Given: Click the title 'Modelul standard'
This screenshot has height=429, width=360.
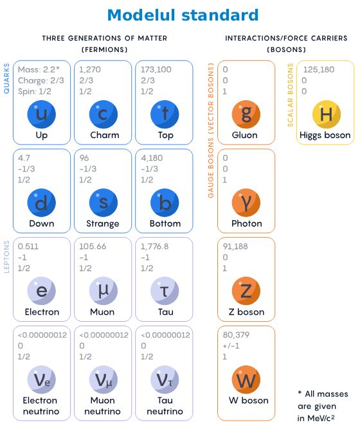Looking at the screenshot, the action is (183, 15).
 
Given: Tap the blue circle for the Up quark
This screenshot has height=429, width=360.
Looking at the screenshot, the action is (41, 114).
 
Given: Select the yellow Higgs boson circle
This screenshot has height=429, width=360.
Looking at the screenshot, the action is (327, 114).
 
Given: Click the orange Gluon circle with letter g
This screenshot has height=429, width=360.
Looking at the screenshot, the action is (246, 114).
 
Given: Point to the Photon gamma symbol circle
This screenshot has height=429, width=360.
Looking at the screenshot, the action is (246, 203).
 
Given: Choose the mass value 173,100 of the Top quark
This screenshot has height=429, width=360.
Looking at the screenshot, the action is (156, 69).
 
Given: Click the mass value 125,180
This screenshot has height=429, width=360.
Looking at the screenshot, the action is (319, 69).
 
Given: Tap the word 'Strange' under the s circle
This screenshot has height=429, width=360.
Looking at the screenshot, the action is (103, 223).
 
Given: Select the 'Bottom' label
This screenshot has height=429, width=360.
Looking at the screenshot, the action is (165, 223).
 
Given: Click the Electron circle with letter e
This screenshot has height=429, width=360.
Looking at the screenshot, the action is (41, 291).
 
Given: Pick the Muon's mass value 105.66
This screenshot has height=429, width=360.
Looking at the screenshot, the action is (93, 246).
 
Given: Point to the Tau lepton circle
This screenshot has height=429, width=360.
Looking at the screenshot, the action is (165, 291).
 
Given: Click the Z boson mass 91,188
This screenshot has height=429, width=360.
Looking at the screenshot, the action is (235, 246).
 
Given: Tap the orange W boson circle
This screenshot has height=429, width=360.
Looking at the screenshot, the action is (246, 380).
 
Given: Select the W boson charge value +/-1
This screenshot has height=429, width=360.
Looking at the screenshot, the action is (231, 346).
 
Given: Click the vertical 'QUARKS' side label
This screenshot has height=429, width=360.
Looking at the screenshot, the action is (6, 78).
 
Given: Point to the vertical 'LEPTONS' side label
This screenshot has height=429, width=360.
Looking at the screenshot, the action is (6, 257).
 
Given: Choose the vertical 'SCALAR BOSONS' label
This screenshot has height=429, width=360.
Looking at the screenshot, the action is (290, 95).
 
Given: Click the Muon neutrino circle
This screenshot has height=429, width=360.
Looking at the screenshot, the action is (104, 380).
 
